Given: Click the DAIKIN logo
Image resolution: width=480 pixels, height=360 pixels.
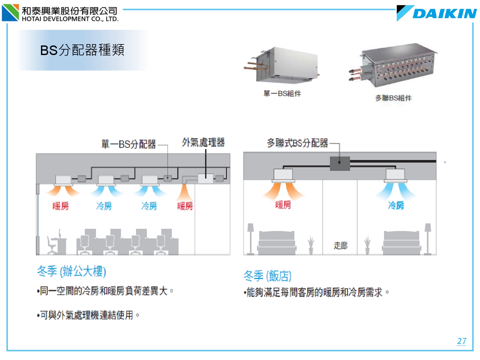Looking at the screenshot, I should pos(437,13).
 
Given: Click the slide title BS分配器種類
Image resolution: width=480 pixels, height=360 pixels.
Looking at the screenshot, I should pos(82,50).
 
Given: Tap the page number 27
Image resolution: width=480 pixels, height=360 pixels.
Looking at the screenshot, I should pos(461,341).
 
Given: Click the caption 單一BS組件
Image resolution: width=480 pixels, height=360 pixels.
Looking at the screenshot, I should pos(282,93).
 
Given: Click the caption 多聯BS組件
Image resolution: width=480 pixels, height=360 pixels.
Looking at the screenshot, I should pos(393,98).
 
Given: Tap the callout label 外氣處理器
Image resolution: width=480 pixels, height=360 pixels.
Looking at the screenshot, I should pos(204,142).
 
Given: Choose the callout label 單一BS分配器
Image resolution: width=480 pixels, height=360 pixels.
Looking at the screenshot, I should pos(129,144).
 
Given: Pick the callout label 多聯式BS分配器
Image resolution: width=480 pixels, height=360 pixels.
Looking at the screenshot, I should pos(298,143).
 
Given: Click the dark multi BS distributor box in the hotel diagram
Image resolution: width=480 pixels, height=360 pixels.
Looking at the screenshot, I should pos(340,163).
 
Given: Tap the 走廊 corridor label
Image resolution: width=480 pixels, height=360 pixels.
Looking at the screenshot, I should pos(340,245).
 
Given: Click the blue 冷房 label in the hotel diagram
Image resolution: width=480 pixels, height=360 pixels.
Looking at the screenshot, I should pos(396,205).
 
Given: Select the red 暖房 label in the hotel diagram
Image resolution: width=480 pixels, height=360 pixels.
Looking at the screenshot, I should pos(283,204).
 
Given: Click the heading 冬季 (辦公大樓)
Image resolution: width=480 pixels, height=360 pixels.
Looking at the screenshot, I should pos(72,271).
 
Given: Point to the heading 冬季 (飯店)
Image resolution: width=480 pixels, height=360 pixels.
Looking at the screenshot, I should pos(268,276).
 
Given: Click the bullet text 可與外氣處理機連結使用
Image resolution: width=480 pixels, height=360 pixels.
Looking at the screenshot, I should pos(86,315).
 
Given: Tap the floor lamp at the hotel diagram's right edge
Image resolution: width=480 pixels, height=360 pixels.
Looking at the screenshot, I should pos(428,238).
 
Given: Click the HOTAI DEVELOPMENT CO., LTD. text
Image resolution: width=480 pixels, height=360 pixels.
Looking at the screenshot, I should pos(70,19).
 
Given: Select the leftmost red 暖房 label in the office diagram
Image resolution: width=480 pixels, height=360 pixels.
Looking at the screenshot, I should pos(60,206).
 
